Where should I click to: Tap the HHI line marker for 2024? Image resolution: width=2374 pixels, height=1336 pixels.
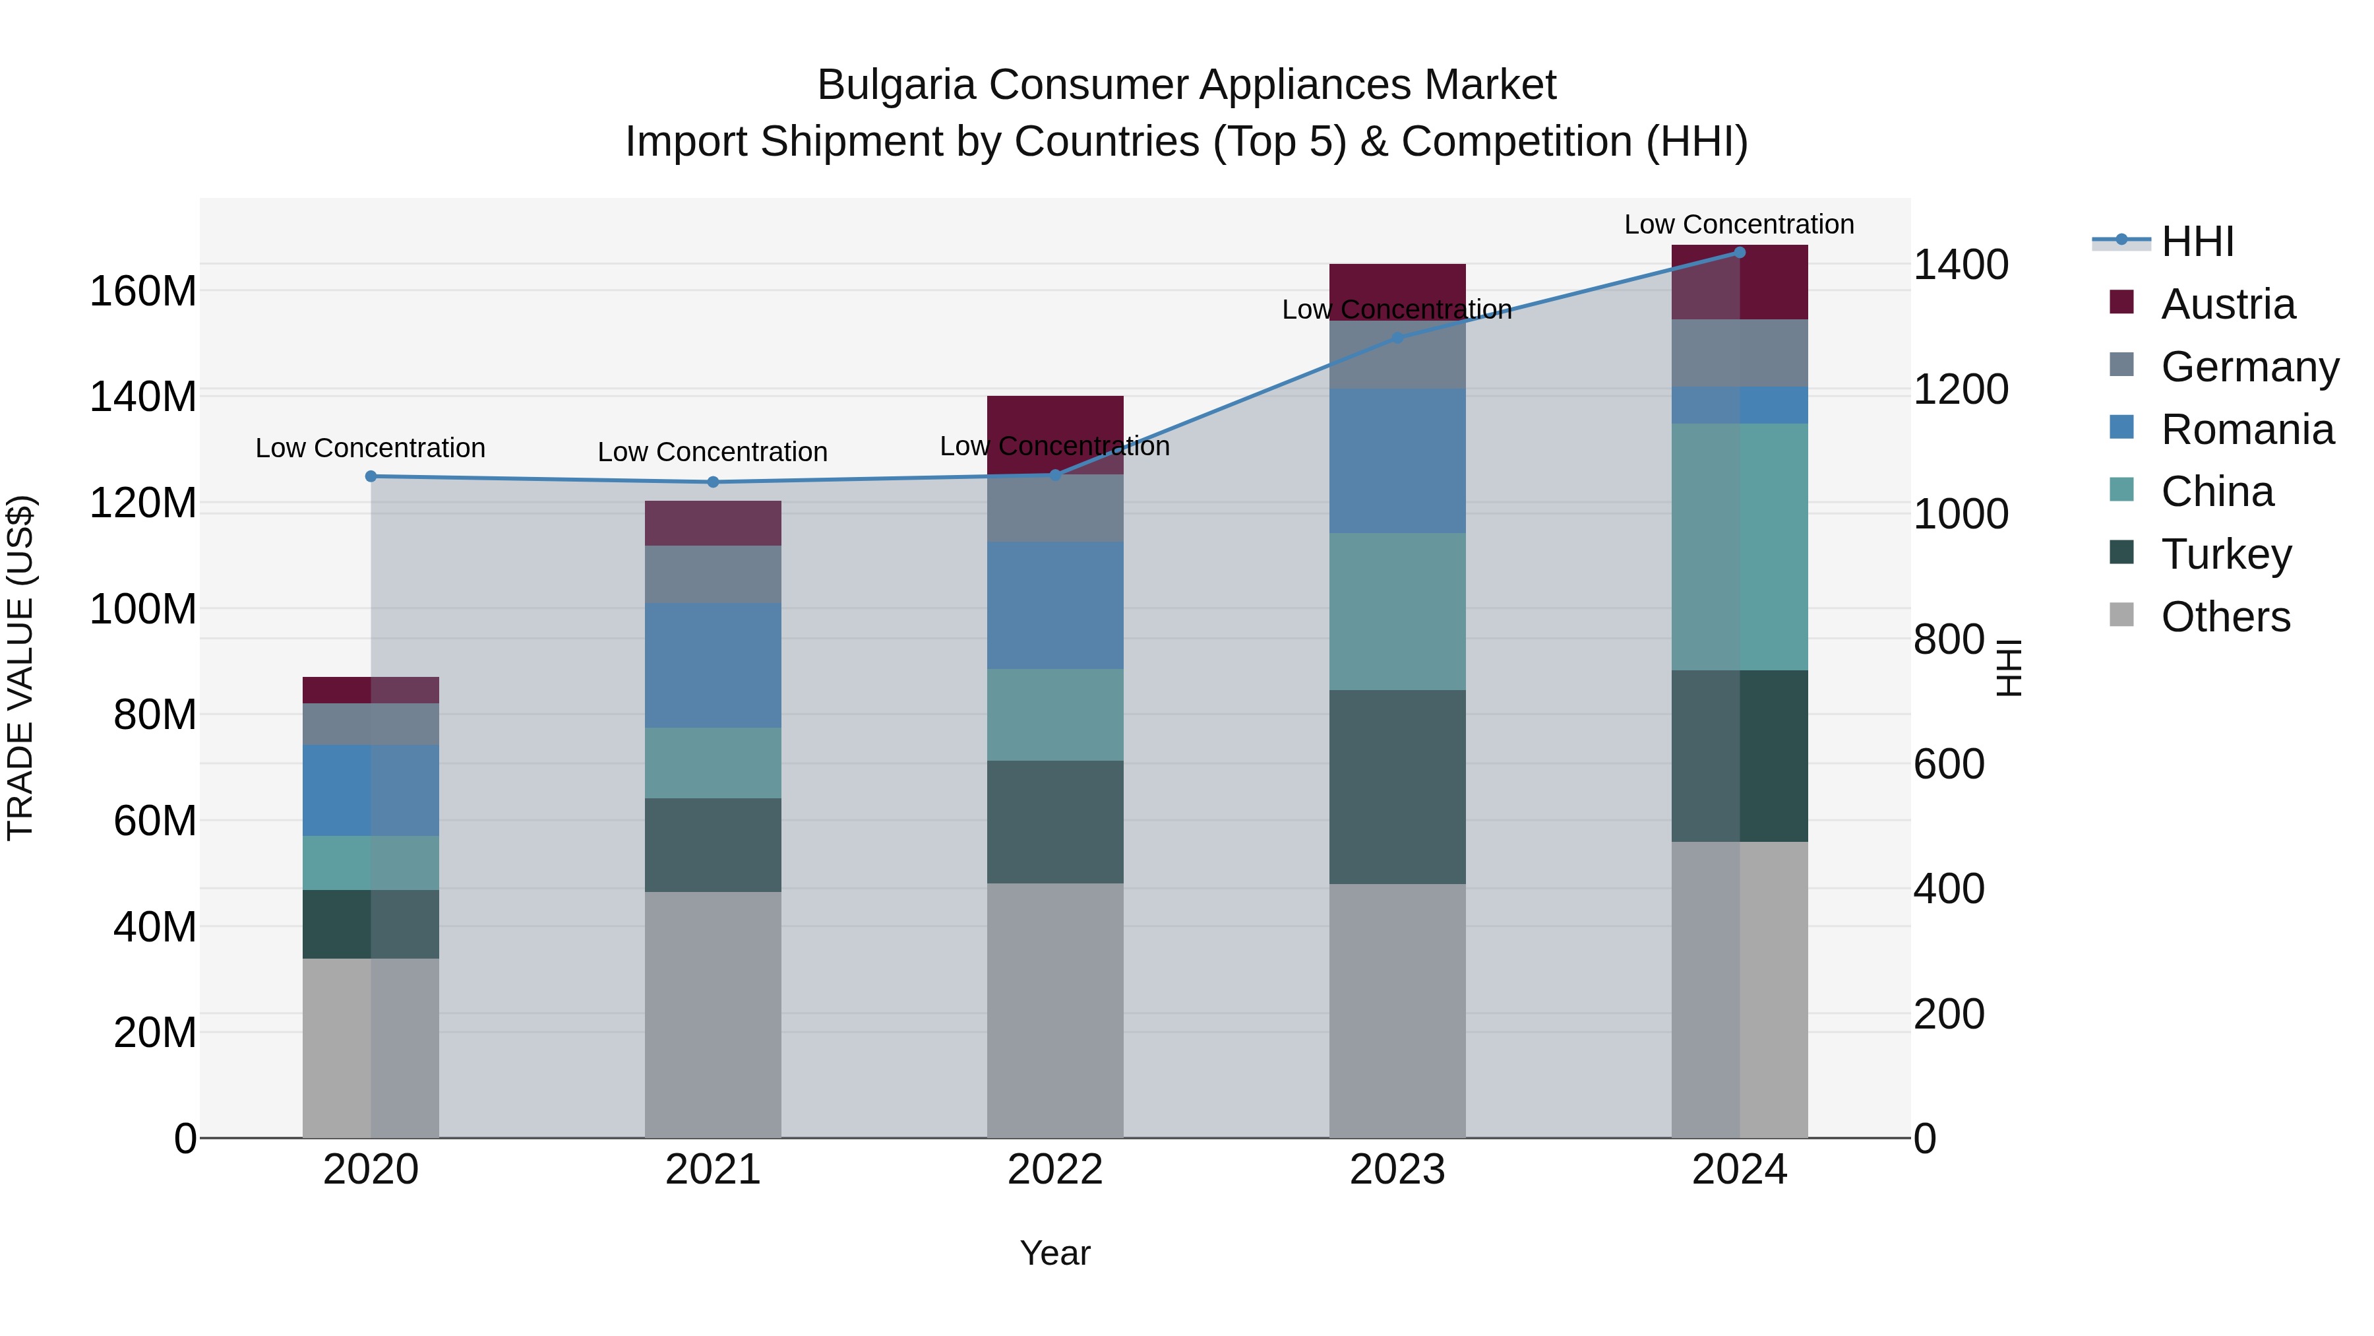(x=1739, y=253)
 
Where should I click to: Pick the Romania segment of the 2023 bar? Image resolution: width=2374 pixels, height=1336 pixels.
(x=1397, y=461)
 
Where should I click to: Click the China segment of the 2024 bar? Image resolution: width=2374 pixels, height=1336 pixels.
(x=1739, y=547)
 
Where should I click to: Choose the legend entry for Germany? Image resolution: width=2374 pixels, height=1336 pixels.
(x=2249, y=367)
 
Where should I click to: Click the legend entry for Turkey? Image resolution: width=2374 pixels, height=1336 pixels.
(x=2226, y=554)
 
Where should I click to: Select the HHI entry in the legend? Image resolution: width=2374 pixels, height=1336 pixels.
(x=2197, y=241)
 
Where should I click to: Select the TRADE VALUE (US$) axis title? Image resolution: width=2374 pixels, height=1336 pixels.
(x=20, y=668)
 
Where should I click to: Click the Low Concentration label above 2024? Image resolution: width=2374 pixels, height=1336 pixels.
(x=1738, y=224)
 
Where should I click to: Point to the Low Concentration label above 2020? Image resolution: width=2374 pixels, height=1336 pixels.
(x=371, y=448)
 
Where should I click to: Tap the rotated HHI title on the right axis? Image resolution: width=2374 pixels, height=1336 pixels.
(x=2010, y=668)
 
